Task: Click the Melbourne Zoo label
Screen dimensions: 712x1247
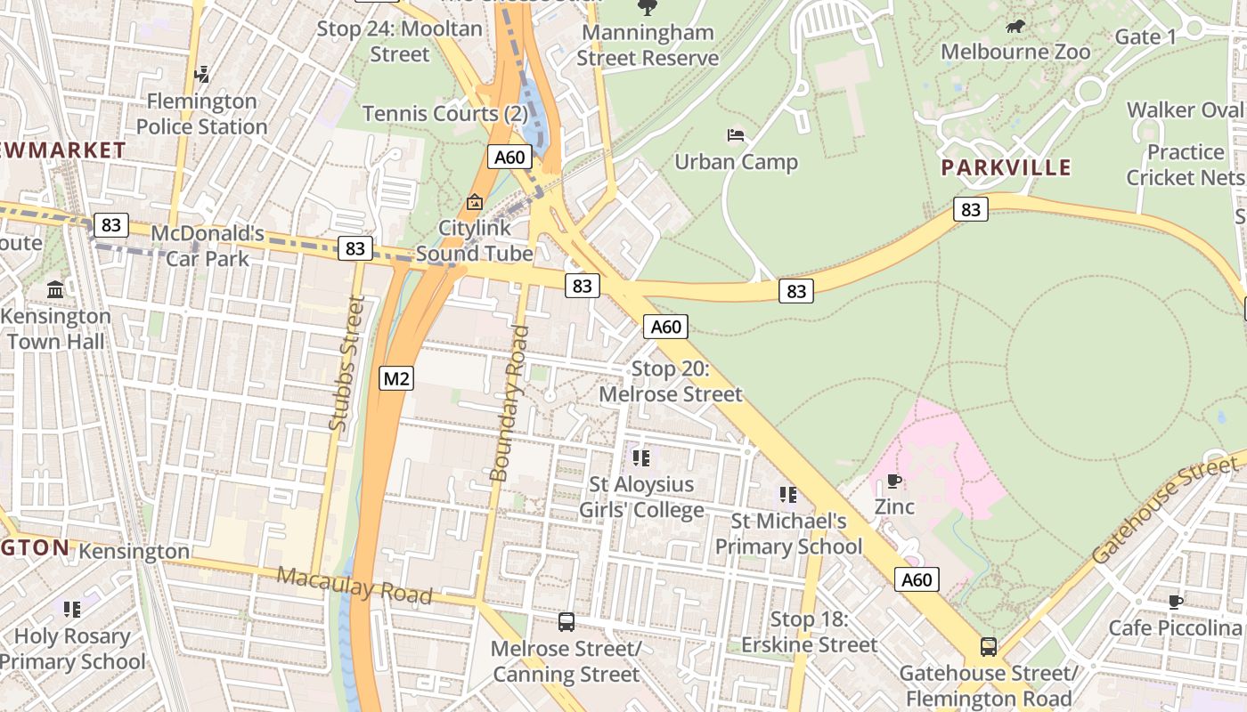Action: coord(1015,52)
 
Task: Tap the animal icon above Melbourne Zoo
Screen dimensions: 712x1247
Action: coord(1015,27)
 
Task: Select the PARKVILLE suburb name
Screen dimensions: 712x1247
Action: coord(1006,167)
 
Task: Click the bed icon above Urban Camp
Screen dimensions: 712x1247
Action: coord(736,136)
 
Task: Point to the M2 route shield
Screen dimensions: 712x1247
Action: coord(396,378)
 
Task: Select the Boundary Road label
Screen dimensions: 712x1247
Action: coord(509,404)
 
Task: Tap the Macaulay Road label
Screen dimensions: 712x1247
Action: coord(354,585)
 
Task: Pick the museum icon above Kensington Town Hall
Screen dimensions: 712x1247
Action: coord(55,290)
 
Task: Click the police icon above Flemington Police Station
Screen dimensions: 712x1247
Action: coord(202,75)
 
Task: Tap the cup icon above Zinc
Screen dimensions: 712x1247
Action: coord(894,481)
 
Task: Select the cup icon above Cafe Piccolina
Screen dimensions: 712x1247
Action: coord(1176,602)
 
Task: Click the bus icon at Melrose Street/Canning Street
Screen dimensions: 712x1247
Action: coord(566,622)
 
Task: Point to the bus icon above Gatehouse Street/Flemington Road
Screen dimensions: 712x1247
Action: coord(988,646)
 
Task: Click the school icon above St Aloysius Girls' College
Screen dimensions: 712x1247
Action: coord(641,458)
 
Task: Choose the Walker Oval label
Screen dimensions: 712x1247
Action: coord(1184,110)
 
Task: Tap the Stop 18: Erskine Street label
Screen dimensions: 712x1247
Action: coord(810,632)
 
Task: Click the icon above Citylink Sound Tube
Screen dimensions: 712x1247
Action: coord(474,203)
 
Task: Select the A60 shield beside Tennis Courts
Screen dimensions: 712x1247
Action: coord(509,158)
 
